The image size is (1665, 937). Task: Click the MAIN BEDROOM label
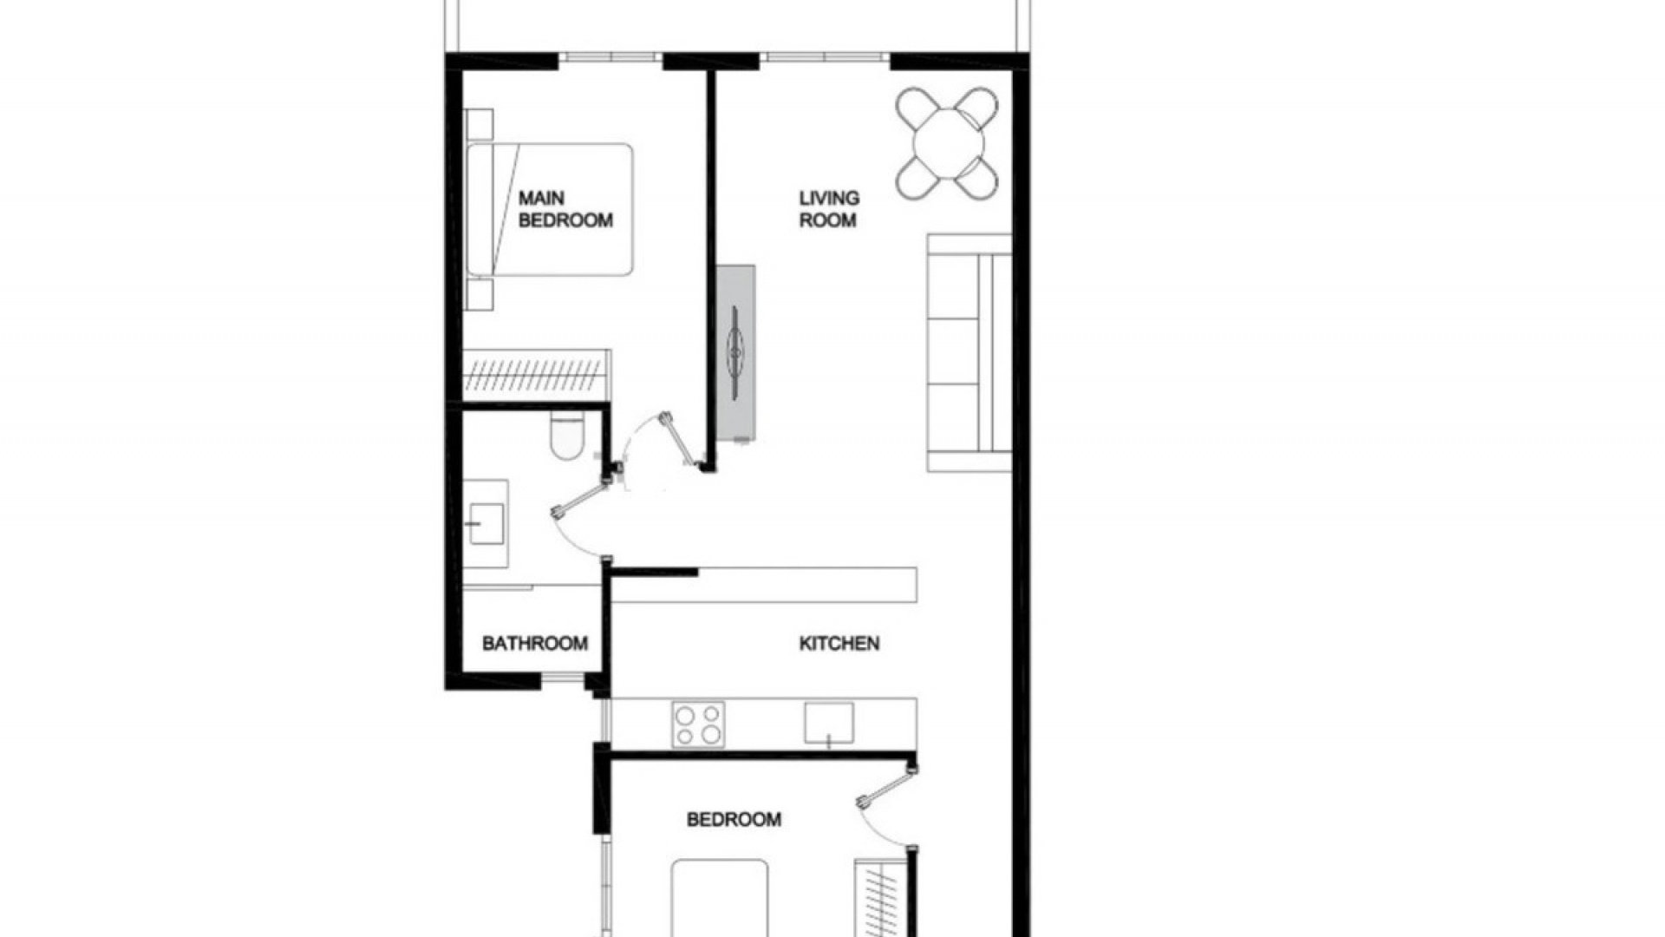pyautogui.click(x=565, y=209)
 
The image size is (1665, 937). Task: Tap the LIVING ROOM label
pyautogui.click(x=829, y=209)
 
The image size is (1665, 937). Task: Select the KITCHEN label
pyautogui.click(x=839, y=643)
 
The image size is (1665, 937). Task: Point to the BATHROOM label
pyautogui.click(x=534, y=643)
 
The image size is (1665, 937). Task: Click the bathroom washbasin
pyautogui.click(x=486, y=523)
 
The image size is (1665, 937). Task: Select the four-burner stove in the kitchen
pyautogui.click(x=698, y=724)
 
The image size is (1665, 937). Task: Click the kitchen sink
pyautogui.click(x=828, y=723)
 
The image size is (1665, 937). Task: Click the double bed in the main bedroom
pyautogui.click(x=550, y=209)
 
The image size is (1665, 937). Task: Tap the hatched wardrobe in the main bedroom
pyautogui.click(x=536, y=375)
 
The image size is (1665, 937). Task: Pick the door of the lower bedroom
pyautogui.click(x=886, y=807)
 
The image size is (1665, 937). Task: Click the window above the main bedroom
pyautogui.click(x=610, y=57)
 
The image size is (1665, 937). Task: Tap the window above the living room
pyautogui.click(x=826, y=57)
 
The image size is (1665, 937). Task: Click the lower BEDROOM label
pyautogui.click(x=734, y=819)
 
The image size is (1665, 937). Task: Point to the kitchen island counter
pyautogui.click(x=763, y=586)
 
